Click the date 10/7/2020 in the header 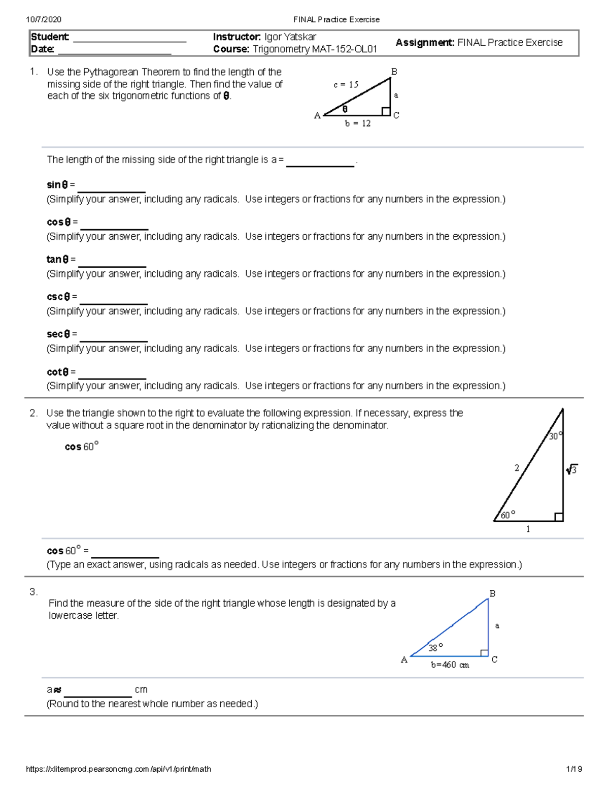(x=44, y=20)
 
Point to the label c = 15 (x=346, y=85)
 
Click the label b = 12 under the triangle (x=358, y=123)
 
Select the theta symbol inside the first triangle (x=345, y=109)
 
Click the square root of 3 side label (x=571, y=470)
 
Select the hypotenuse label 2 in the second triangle (x=517, y=468)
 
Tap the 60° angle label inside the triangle (x=507, y=515)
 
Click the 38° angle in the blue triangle (x=435, y=647)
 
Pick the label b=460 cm (x=450, y=665)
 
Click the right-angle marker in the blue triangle (x=484, y=653)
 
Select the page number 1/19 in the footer (x=573, y=769)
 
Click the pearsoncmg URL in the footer (x=118, y=769)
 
